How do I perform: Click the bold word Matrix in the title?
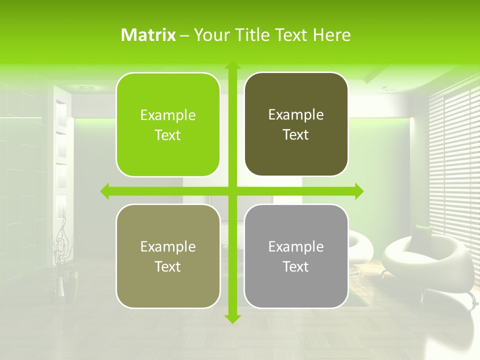click(x=148, y=35)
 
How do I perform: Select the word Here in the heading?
click(x=332, y=35)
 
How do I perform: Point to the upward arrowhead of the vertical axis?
click(x=231, y=66)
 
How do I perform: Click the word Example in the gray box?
click(x=296, y=246)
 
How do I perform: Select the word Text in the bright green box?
click(x=168, y=135)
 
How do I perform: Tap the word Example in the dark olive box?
click(x=296, y=115)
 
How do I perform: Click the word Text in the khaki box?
click(x=168, y=267)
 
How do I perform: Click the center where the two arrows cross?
click(x=231, y=191)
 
